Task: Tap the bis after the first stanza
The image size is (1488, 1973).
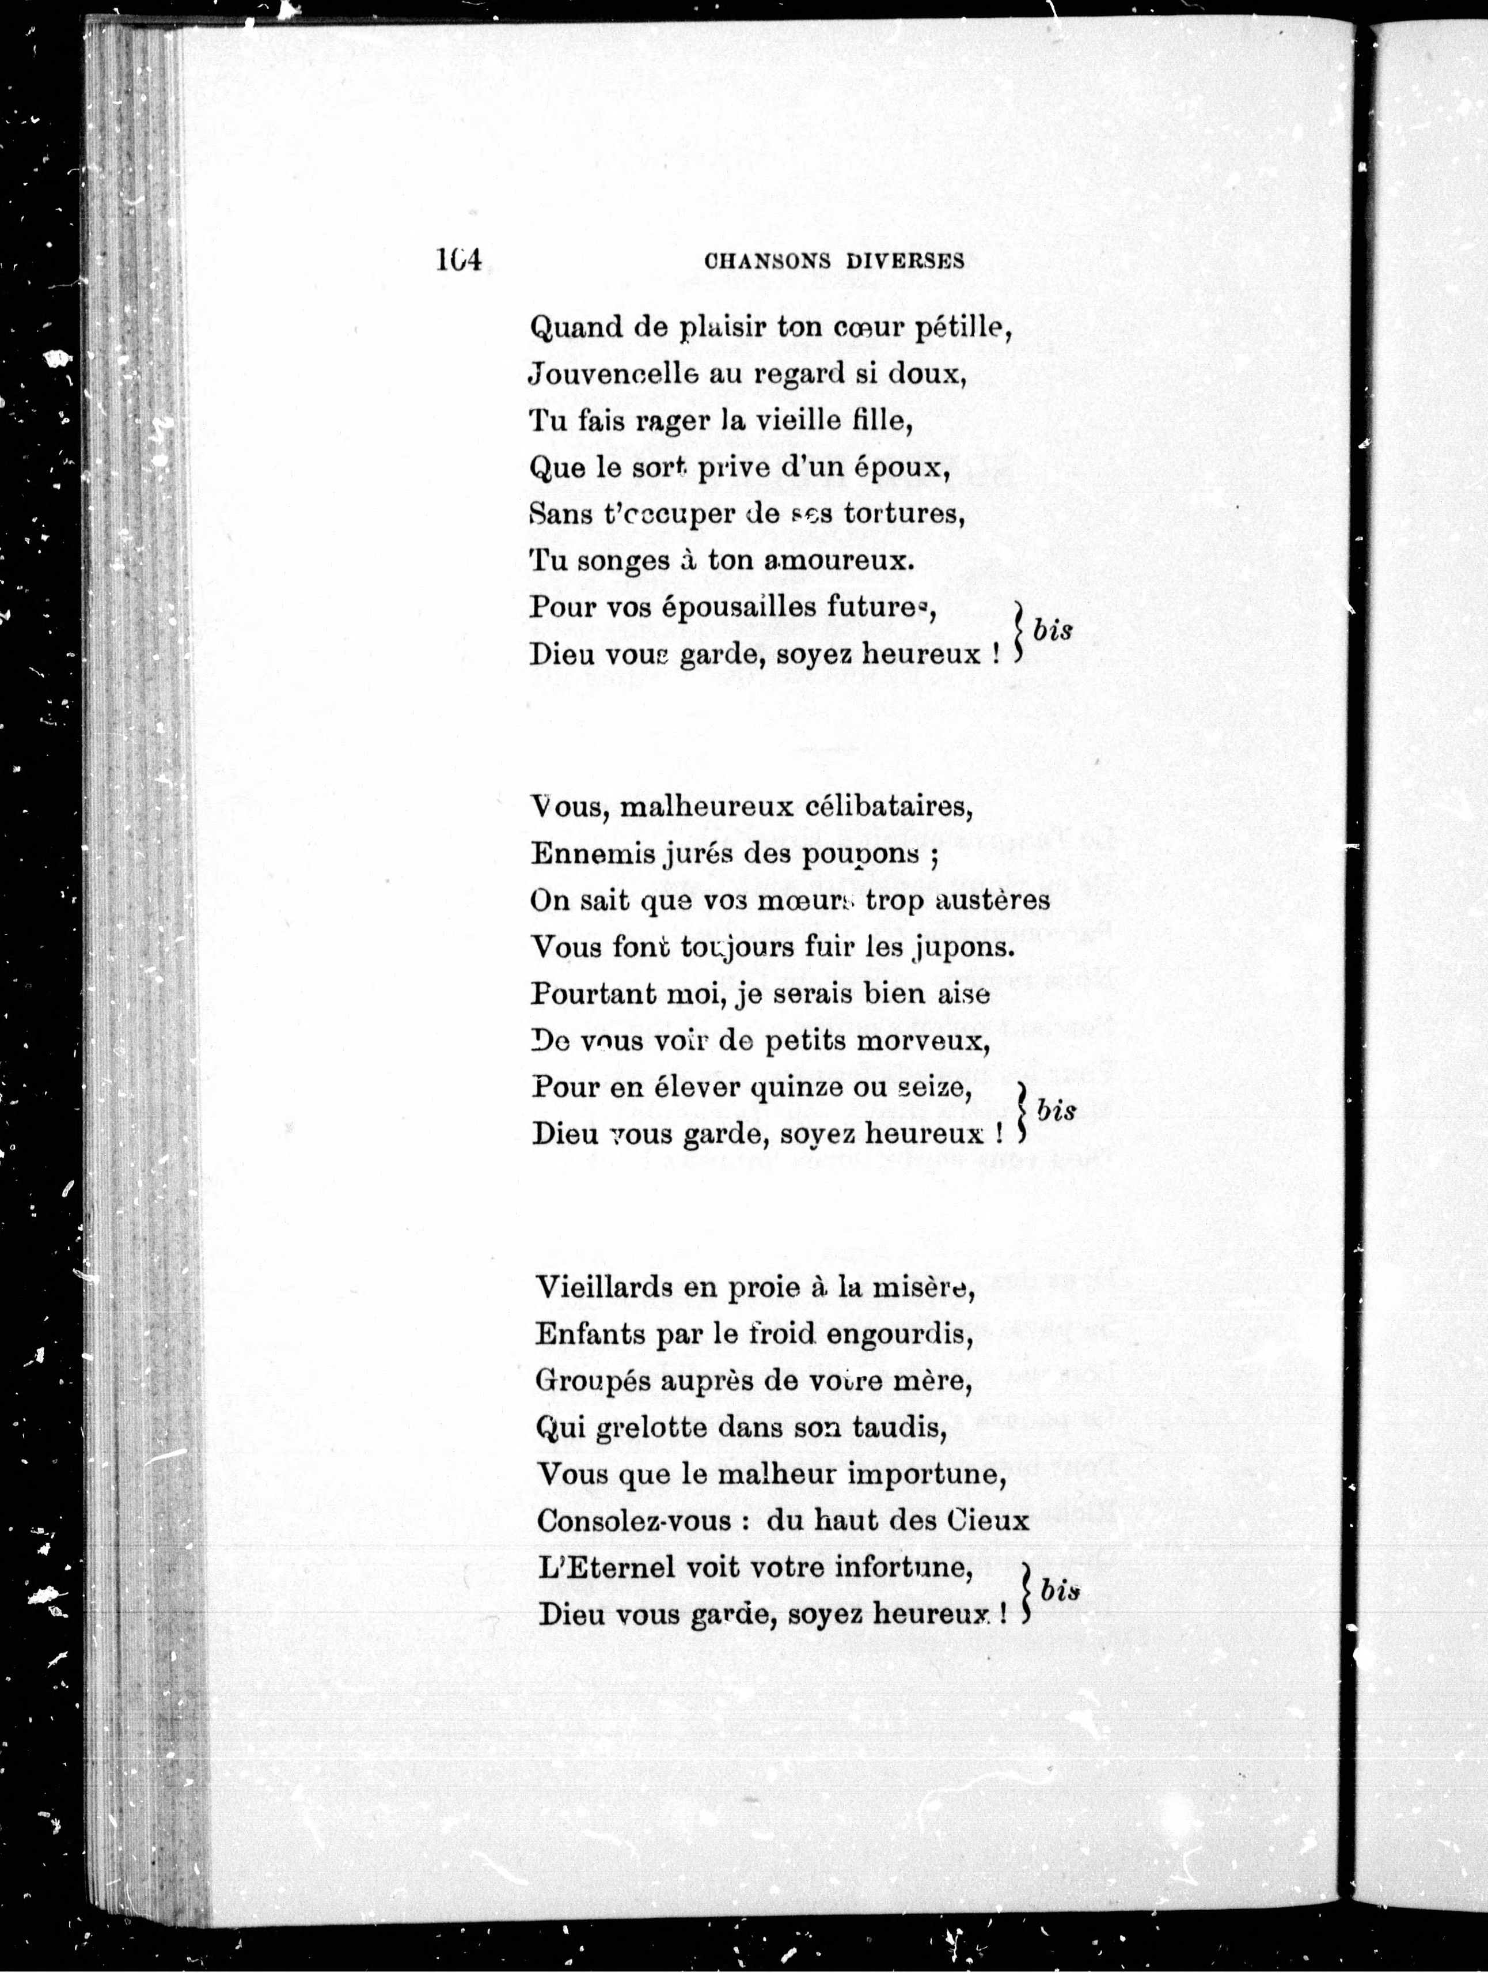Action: (1052, 630)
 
